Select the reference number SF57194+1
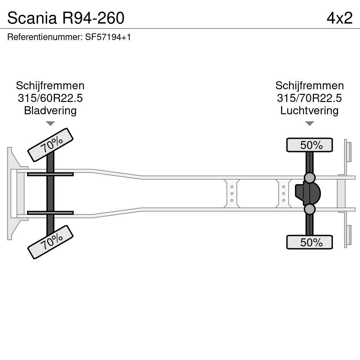(x=108, y=37)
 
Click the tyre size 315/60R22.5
(x=50, y=98)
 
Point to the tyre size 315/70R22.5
(x=309, y=98)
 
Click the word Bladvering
(x=50, y=110)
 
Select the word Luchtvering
(x=309, y=110)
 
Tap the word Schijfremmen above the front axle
(x=50, y=86)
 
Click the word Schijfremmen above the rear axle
(x=309, y=86)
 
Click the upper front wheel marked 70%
(x=50, y=145)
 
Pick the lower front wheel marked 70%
(x=50, y=242)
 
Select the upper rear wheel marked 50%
(x=309, y=145)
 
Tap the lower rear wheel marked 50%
(x=309, y=242)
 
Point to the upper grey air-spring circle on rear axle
(x=309, y=178)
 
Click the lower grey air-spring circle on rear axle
(x=309, y=210)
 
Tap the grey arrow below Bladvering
(x=50, y=123)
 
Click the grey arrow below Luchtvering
(x=309, y=123)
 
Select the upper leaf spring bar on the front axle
(x=50, y=174)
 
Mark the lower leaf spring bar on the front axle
(x=50, y=213)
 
